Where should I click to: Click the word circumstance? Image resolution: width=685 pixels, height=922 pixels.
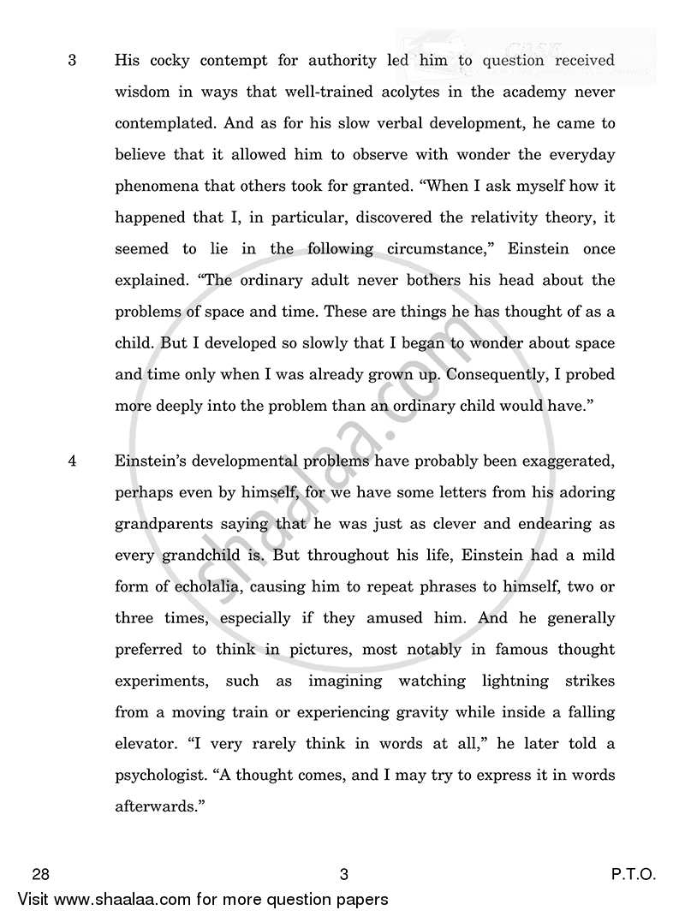point(432,249)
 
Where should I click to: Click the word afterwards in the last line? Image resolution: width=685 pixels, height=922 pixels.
point(152,806)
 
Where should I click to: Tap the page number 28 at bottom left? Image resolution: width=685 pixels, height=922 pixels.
point(40,875)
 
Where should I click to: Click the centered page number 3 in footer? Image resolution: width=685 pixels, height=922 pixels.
point(342,875)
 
